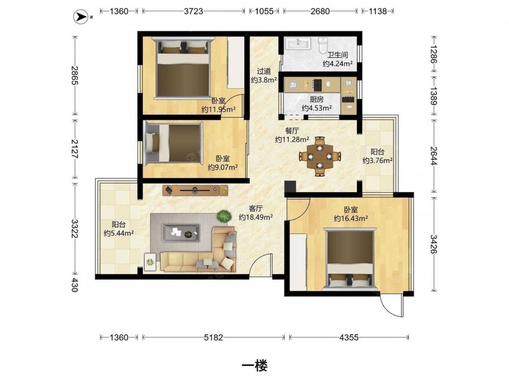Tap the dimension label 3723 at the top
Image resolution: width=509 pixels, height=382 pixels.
click(193, 11)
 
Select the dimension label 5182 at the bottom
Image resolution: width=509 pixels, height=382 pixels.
click(213, 338)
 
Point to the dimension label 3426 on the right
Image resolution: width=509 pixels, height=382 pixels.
click(434, 244)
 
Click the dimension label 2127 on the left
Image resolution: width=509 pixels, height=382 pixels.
click(75, 149)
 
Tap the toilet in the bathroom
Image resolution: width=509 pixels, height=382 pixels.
click(323, 45)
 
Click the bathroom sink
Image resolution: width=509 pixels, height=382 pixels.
click(298, 43)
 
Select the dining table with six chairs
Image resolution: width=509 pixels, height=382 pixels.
click(320, 156)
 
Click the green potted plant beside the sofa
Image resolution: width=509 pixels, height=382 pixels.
click(223, 216)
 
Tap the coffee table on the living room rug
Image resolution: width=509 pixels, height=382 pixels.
click(181, 233)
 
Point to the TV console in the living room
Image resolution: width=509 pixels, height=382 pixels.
click(195, 190)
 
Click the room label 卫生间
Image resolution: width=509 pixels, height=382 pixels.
click(337, 55)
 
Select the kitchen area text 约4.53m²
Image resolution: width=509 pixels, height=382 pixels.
click(317, 108)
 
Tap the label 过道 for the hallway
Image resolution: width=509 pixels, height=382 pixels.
click(264, 71)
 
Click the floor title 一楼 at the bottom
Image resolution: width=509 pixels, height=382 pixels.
click(254, 366)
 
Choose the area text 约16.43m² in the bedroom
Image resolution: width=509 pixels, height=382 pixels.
click(351, 219)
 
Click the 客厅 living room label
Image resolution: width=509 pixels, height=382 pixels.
click(256, 208)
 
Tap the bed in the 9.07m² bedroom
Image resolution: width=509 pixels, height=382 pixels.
click(174, 142)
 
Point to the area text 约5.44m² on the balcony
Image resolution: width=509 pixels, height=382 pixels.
click(119, 233)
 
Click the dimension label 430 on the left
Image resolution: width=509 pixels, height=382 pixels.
click(75, 285)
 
